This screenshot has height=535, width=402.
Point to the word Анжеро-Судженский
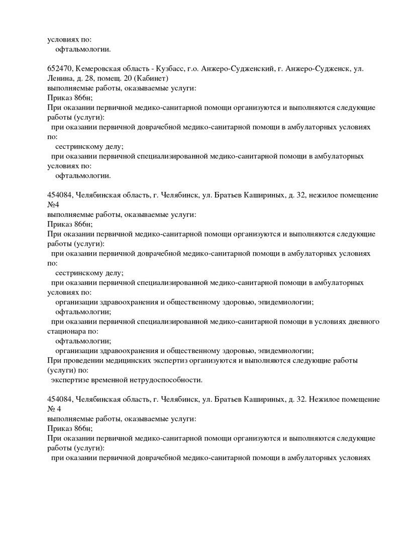237,68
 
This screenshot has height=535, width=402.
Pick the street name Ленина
60,78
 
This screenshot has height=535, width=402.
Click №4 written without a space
54,205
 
